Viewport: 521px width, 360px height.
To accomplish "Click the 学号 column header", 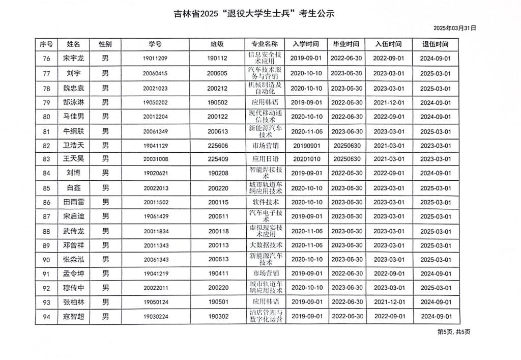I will [155, 44].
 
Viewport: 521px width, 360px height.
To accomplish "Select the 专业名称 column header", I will [265, 44].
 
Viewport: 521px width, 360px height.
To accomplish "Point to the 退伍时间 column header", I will [435, 44].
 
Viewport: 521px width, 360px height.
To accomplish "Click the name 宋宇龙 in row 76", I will [73, 59].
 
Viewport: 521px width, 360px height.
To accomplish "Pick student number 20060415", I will [155, 73].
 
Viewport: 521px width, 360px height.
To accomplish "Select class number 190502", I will [217, 102].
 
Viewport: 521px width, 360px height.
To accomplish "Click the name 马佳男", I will [73, 117].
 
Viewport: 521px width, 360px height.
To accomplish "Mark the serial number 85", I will [47, 188].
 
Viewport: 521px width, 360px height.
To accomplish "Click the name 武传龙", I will [73, 231].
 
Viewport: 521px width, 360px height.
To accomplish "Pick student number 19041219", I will [155, 273].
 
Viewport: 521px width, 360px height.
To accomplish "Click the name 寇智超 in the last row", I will [73, 316].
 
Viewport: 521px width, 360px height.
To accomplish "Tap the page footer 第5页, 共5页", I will [454, 332].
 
